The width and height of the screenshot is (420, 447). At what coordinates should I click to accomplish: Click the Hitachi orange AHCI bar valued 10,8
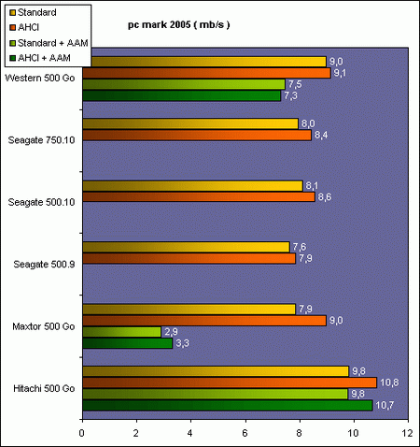[229, 382]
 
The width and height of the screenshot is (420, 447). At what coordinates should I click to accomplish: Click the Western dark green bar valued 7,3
[181, 95]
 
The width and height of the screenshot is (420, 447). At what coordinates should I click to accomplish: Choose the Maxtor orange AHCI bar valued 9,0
[204, 321]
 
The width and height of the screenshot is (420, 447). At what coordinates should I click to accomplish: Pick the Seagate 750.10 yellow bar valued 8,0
[190, 123]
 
